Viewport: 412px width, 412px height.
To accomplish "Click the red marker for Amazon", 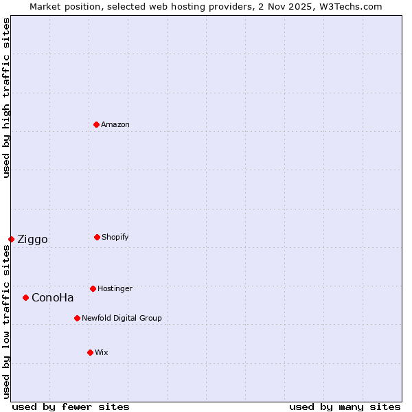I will coord(96,124).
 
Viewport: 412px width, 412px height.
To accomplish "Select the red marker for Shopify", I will coord(97,237).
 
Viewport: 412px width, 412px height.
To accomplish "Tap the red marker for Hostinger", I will coord(93,288).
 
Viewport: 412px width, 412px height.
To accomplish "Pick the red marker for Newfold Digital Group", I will coord(77,318).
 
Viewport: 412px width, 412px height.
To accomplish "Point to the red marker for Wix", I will coord(90,352).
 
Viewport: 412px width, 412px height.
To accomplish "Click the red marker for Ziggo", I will coord(11,239).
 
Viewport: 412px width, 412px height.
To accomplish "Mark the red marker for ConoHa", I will coord(25,297).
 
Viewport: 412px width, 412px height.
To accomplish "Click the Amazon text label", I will coord(115,124).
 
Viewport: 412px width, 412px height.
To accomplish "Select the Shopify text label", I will coord(115,237).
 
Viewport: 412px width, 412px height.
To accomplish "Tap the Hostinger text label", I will coord(115,288).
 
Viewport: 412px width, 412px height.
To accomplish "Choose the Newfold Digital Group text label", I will coord(122,318).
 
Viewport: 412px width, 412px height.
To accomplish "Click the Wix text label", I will coord(102,352).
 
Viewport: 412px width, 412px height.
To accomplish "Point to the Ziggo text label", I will coord(32,239).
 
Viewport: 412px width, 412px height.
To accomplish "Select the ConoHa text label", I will coord(52,297).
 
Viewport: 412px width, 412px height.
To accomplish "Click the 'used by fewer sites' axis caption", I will coord(71,407).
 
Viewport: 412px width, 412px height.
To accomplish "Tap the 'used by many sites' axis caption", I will coord(345,407).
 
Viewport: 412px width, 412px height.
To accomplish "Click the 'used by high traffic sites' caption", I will coord(6,98).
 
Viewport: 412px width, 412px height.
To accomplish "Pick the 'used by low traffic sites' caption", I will coord(6,321).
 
